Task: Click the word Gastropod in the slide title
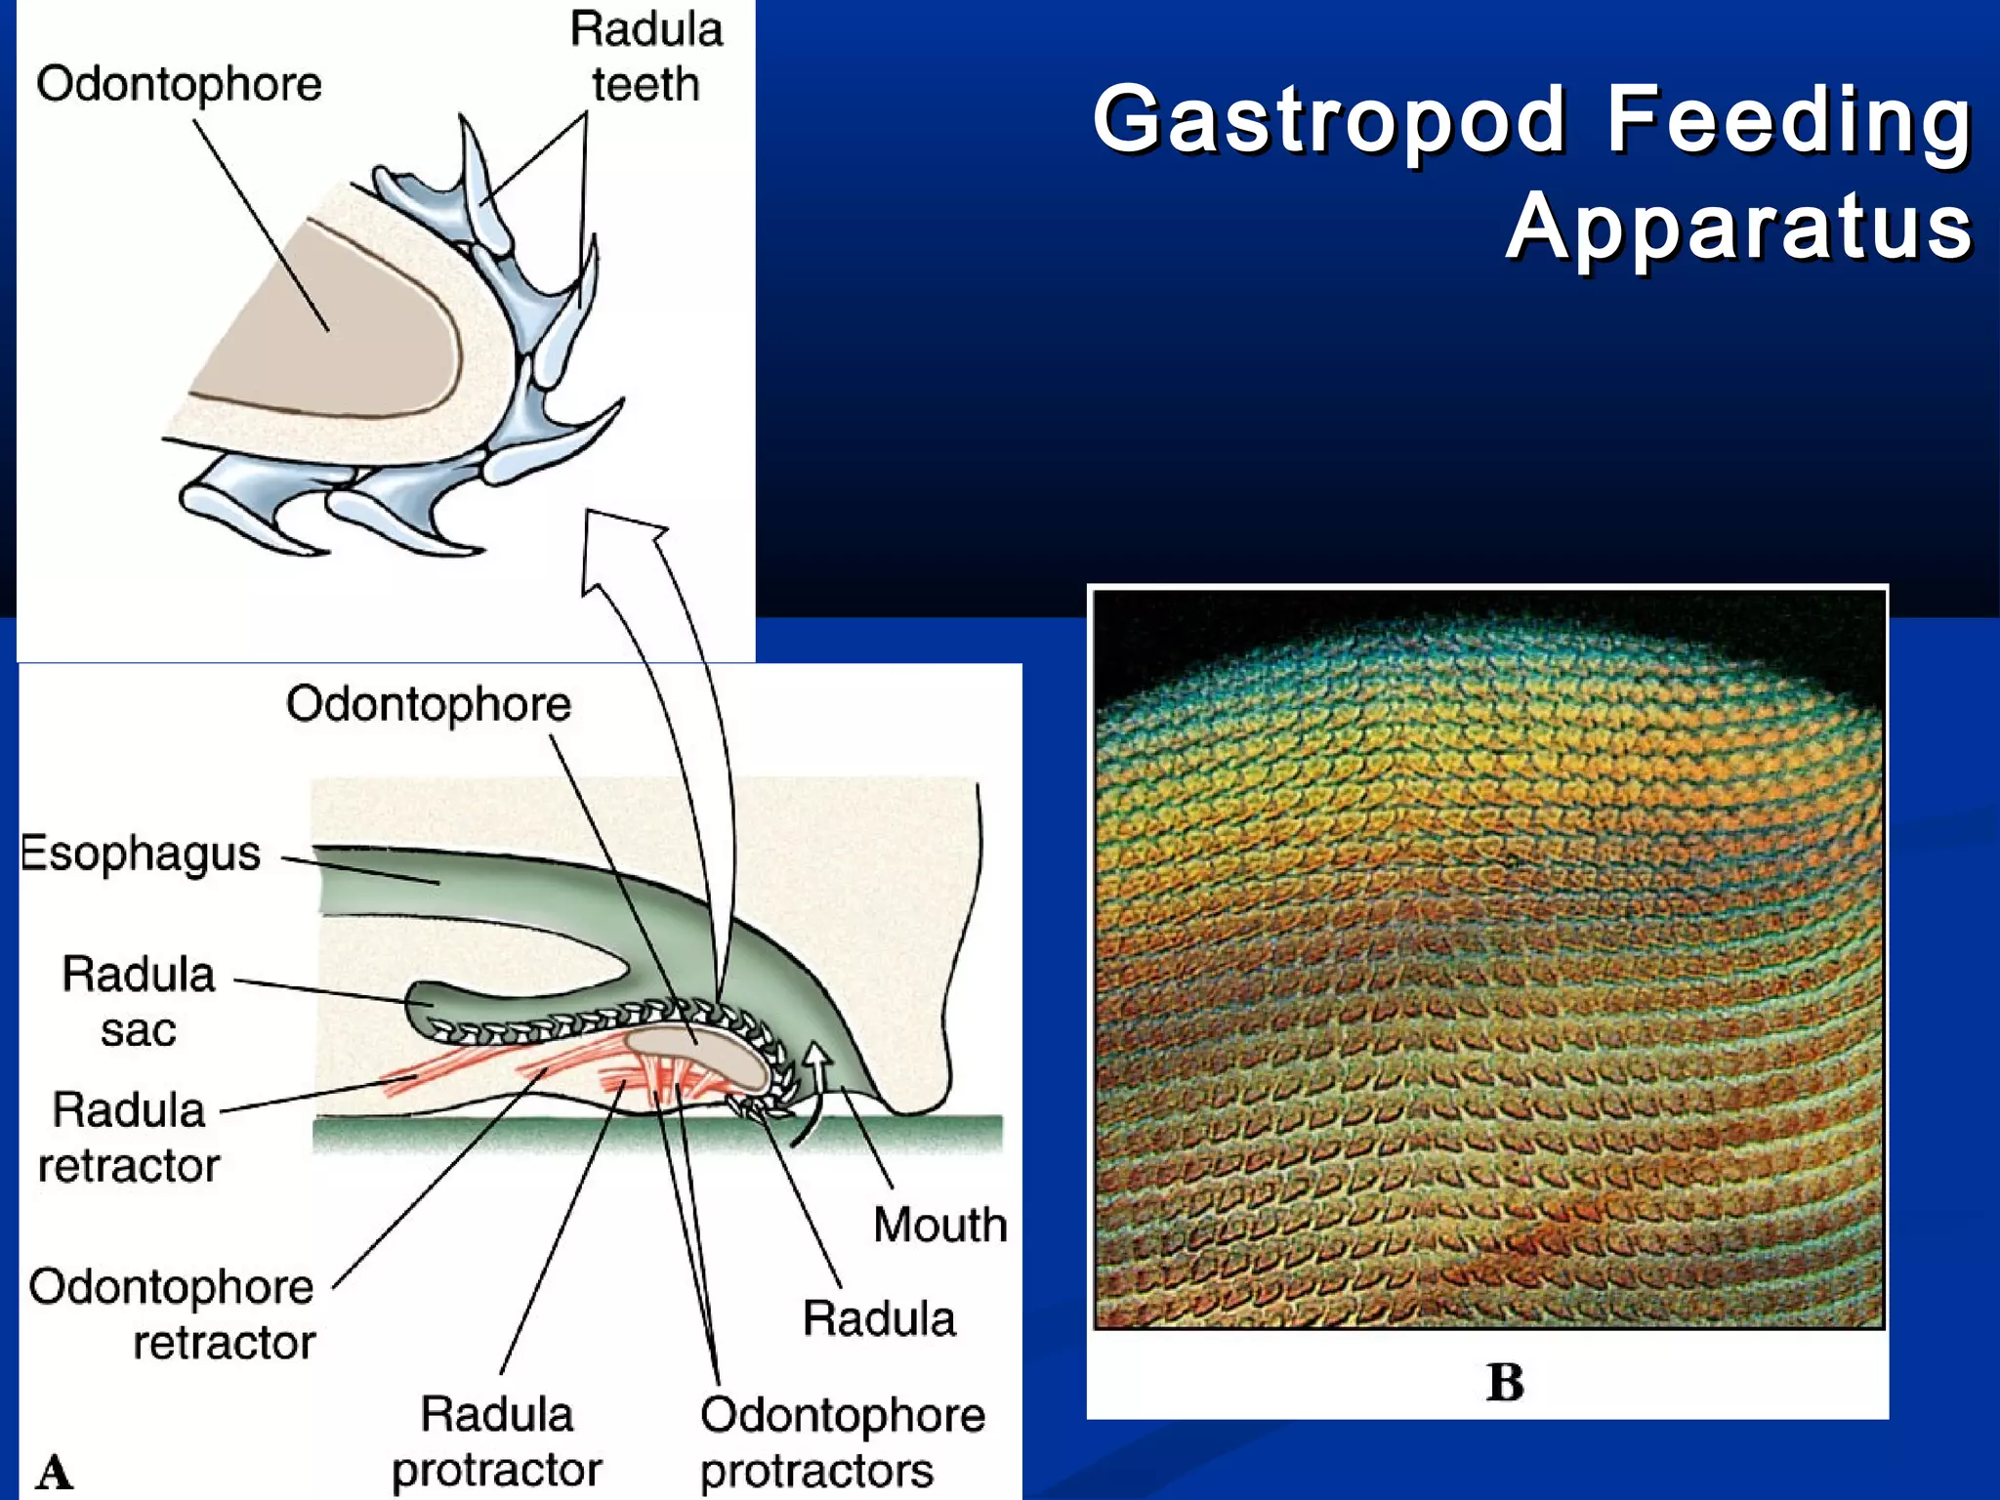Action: point(1329,120)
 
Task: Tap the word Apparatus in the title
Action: point(1738,227)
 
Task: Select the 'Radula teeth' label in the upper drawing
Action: point(646,57)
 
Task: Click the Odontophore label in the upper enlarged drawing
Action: point(179,84)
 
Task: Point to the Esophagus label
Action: point(141,854)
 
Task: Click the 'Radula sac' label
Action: point(138,1002)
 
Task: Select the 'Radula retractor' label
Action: point(129,1138)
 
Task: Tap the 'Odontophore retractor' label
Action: point(172,1314)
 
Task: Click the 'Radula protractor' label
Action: point(496,1441)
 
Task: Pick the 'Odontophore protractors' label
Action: point(842,1442)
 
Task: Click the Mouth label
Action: point(939,1225)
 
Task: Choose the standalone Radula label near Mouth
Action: point(878,1318)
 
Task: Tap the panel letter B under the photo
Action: point(1504,1382)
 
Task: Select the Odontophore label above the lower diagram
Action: point(428,704)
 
